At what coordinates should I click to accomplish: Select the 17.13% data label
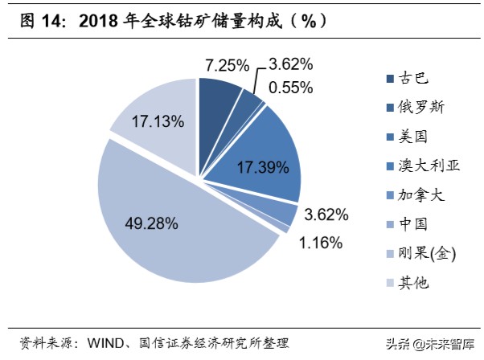[158, 122]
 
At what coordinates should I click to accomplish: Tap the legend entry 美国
[409, 136]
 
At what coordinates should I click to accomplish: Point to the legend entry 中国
[409, 224]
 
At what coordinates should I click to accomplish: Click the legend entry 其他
[409, 283]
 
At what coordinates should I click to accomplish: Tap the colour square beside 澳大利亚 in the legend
[389, 166]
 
